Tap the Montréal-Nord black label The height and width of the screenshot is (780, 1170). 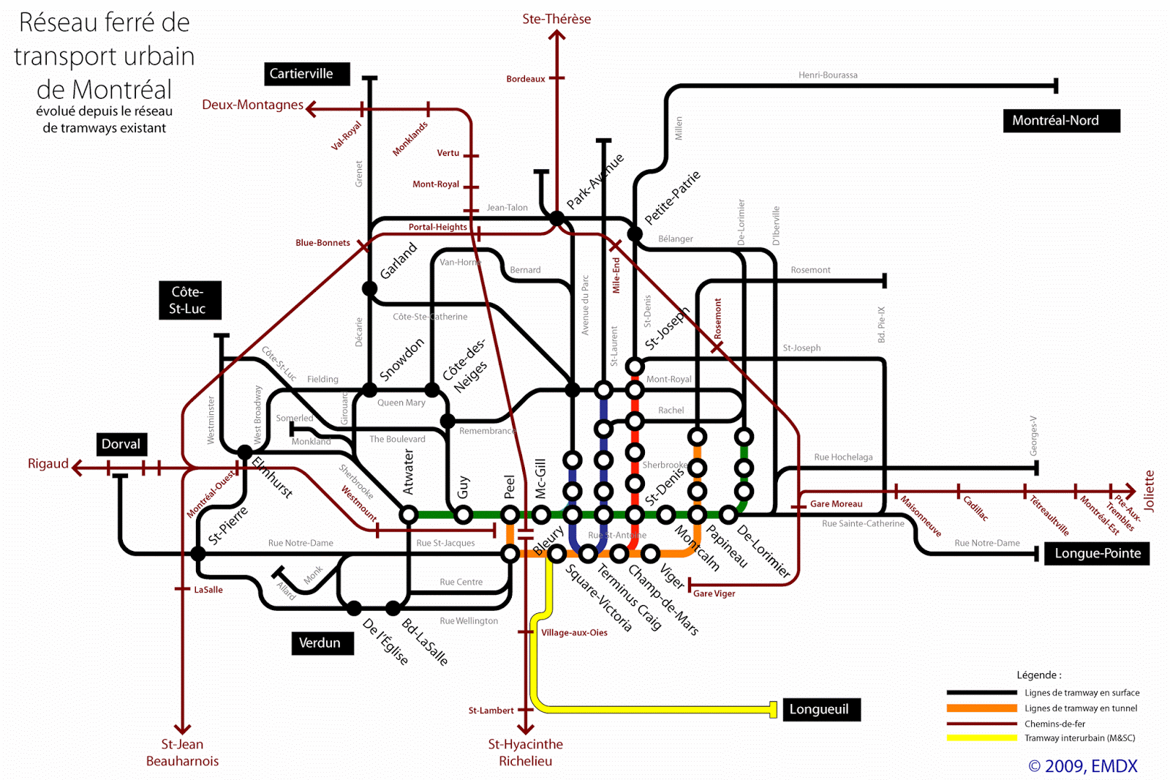tap(1061, 121)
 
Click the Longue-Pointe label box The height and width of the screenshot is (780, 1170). tap(1097, 554)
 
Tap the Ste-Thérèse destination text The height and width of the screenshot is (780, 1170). tap(556, 19)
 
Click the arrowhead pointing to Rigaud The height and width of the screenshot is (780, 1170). tap(77, 468)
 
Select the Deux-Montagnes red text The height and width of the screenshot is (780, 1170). tap(252, 105)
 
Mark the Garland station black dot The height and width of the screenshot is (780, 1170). tap(370, 288)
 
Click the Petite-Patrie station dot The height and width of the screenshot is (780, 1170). tap(635, 234)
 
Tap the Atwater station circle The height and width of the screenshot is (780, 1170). tap(409, 515)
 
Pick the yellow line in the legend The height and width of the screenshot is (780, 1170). tap(981, 738)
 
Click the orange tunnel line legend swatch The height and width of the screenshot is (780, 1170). tap(981, 708)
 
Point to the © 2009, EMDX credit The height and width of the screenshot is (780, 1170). tap(1083, 766)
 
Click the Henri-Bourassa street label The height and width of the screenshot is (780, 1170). tap(828, 75)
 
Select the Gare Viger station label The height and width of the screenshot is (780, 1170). tap(714, 593)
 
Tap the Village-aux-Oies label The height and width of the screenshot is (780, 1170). tap(574, 633)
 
